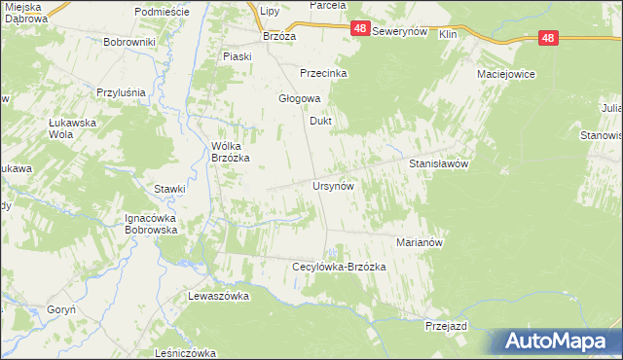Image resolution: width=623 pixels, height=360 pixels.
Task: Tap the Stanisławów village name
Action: tap(439, 164)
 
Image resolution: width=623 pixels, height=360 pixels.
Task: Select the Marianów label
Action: tap(420, 242)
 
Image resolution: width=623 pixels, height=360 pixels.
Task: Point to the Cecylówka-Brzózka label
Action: tap(340, 267)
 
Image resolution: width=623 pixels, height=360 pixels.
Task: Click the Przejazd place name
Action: tap(446, 327)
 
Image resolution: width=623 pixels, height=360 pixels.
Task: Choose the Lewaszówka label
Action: tap(219, 295)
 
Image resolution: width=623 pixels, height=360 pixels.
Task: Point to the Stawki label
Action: tap(169, 189)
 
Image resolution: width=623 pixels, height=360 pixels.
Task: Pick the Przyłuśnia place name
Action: tap(121, 92)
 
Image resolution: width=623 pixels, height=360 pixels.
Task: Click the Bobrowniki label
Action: tap(130, 43)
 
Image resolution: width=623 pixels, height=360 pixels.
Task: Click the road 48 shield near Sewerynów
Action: tap(360, 31)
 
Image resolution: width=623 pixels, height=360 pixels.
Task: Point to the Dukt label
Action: tap(321, 122)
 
